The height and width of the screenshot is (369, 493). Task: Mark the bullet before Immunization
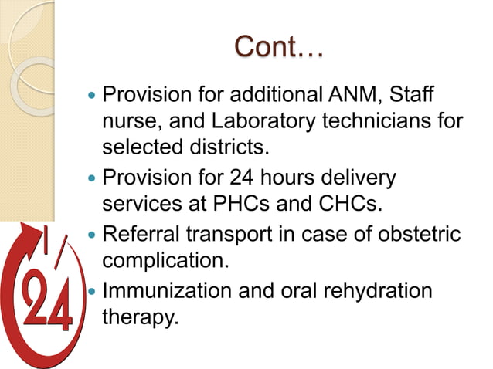click(x=93, y=293)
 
